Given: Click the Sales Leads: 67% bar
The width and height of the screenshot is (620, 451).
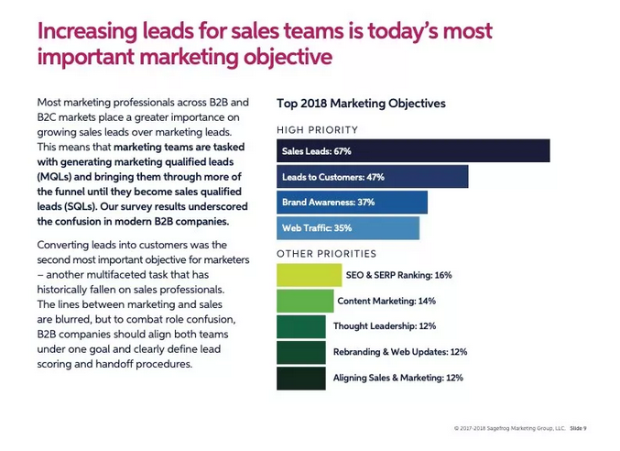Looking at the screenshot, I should coord(412,151).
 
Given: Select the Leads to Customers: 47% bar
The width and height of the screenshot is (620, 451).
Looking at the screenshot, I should coord(372,177).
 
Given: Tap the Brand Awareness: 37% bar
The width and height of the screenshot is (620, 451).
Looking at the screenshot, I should coord(352,203).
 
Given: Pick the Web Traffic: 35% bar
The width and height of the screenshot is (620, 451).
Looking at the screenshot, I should coord(347,227).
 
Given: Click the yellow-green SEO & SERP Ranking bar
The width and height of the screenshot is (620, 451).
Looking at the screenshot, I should coord(309,275).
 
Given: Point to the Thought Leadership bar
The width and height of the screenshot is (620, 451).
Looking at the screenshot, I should coord(300,326).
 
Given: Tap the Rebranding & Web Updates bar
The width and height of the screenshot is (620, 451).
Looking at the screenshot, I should coord(300,352).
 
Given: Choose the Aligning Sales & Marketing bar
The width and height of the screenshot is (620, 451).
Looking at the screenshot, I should coord(300,378).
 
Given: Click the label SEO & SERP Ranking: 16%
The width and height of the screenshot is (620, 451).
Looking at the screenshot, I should coord(398,275).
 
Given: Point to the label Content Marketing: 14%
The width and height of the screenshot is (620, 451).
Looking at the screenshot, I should coord(386,301).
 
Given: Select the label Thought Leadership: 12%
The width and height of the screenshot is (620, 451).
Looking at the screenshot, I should coord(386,326).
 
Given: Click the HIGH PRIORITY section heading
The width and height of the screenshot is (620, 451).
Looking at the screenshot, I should coord(317,130).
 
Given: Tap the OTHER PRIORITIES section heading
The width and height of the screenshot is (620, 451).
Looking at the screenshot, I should coord(326,254).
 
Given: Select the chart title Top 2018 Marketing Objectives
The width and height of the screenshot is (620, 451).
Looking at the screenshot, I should coord(361,104).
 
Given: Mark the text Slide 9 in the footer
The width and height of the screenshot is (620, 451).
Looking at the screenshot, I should coord(578,428).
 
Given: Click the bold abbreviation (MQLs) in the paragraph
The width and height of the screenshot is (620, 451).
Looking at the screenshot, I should coord(56,176).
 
